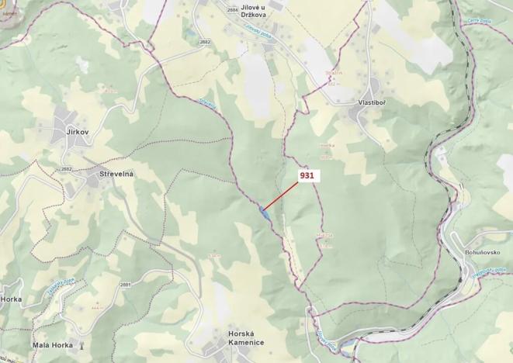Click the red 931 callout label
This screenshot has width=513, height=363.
pos(307,176)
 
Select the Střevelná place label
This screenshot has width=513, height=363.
pos(116,174)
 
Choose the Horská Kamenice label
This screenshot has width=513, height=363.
pos(246,337)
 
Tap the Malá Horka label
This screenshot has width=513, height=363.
pos(53,344)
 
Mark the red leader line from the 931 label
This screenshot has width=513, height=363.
pos(282,194)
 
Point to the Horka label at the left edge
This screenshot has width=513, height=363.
pos(12,299)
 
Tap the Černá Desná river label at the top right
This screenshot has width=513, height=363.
pos(480,21)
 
